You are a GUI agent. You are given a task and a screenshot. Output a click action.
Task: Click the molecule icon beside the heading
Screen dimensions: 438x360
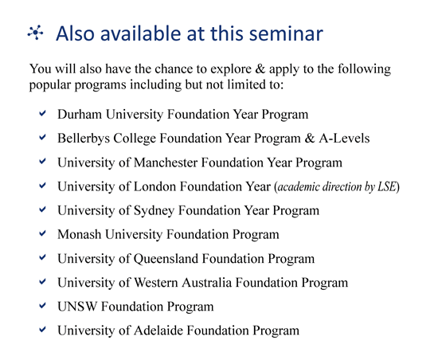click(36, 33)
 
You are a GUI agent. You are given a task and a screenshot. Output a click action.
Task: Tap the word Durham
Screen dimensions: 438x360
click(80, 114)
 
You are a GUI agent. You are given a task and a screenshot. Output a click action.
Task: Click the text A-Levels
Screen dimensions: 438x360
click(344, 139)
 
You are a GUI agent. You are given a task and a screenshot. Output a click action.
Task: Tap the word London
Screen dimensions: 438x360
click(155, 186)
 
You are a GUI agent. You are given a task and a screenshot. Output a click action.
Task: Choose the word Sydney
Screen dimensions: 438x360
click(154, 211)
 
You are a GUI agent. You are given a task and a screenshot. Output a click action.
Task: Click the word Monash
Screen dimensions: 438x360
click(80, 234)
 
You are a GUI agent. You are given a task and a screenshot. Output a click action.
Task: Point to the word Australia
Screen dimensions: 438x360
click(207, 283)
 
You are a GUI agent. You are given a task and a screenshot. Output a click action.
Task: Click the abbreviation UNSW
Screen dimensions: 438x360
click(77, 307)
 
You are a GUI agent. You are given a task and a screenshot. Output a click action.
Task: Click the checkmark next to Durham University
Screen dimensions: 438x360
click(42, 113)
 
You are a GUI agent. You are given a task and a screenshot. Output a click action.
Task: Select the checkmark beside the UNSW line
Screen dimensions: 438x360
click(42, 306)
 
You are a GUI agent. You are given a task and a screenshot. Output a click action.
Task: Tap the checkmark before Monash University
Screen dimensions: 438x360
click(42, 233)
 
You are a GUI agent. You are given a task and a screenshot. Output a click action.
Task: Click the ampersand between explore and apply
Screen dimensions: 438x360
click(260, 68)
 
